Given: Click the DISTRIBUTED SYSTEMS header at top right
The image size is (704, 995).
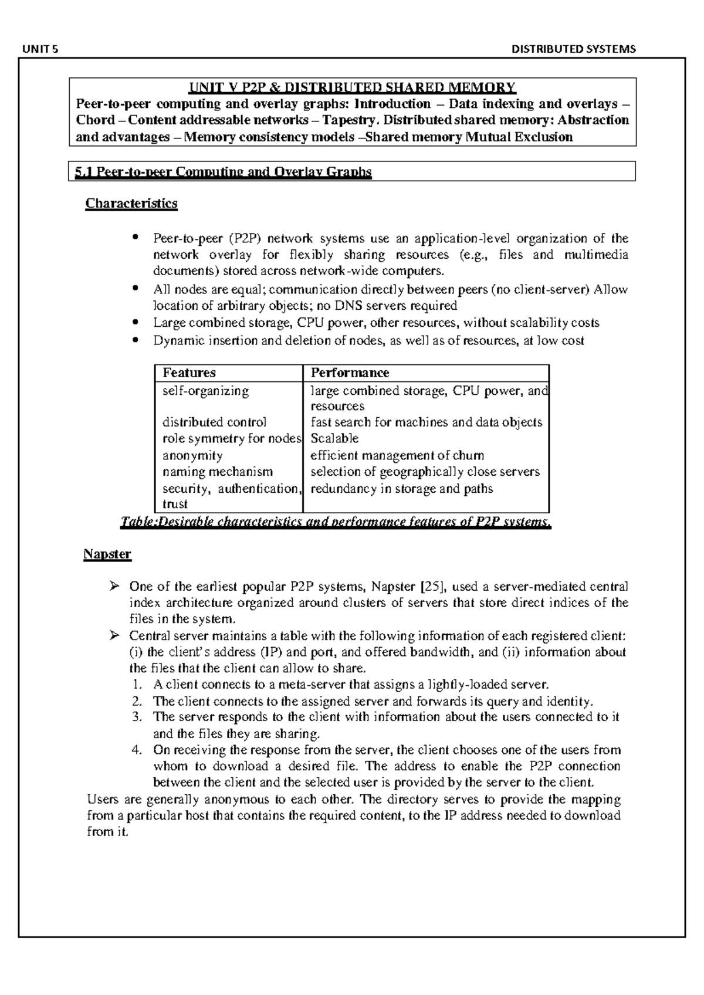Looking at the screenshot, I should pyautogui.click(x=573, y=49).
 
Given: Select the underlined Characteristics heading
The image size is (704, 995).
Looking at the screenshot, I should pyautogui.click(x=131, y=204).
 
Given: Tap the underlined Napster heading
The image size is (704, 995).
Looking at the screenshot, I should pyautogui.click(x=107, y=554).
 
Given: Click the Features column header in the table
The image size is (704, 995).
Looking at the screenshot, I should pyautogui.click(x=189, y=373).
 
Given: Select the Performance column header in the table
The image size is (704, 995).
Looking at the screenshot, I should pyautogui.click(x=350, y=373).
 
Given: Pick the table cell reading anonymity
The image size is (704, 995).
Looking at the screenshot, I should pyautogui.click(x=192, y=455).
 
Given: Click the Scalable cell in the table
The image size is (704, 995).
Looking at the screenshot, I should pyautogui.click(x=334, y=439).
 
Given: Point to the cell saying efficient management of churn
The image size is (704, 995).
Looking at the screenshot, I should pyautogui.click(x=397, y=455).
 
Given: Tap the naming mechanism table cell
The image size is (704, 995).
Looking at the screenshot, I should pyautogui.click(x=217, y=472).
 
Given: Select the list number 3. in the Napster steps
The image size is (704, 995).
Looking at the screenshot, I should pyautogui.click(x=137, y=717).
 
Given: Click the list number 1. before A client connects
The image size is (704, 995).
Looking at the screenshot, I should pyautogui.click(x=137, y=685).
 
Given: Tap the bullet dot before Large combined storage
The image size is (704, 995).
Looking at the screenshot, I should pyautogui.click(x=136, y=322).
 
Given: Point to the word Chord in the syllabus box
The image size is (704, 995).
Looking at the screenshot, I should pyautogui.click(x=95, y=120).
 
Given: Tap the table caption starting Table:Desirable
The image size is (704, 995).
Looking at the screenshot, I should pyautogui.click(x=335, y=522).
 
